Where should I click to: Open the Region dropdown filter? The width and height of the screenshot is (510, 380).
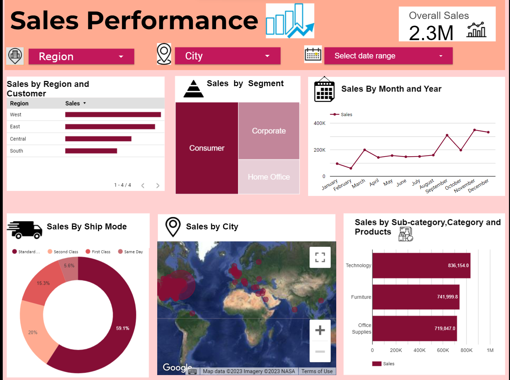(81, 57)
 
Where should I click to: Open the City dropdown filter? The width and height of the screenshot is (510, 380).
(228, 56)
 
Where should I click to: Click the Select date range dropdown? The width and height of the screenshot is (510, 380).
(388, 56)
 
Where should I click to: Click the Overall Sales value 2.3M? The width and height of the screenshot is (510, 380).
(431, 33)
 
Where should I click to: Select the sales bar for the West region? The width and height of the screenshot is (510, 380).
(113, 115)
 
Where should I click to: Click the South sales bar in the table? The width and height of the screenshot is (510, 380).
(91, 151)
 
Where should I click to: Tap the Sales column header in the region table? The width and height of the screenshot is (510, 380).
(73, 103)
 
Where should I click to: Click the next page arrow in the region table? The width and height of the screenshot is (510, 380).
(158, 185)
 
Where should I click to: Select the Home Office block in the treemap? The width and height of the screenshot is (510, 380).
(269, 177)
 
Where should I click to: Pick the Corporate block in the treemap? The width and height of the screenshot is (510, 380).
(269, 131)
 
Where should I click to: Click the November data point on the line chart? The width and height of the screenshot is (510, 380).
(474, 130)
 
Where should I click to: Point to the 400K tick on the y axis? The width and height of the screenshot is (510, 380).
(319, 123)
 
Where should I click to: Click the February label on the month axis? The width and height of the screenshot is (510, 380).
(342, 185)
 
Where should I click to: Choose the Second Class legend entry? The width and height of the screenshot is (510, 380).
(63, 252)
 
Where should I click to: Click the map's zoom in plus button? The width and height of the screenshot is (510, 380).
(320, 330)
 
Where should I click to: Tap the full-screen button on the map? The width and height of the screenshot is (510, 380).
(320, 257)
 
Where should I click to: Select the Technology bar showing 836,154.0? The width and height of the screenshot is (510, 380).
(421, 266)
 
